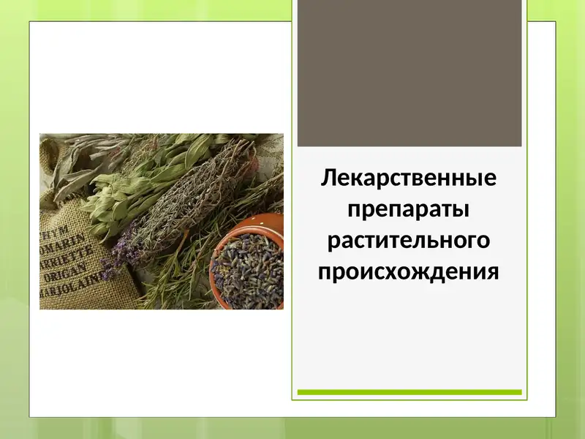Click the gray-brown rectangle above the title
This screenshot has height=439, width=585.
pos(409,73)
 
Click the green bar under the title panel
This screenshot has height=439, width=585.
pos(409,392)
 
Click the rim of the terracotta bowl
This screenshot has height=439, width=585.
pos(249,223)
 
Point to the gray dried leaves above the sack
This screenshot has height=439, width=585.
pos(69,157)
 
